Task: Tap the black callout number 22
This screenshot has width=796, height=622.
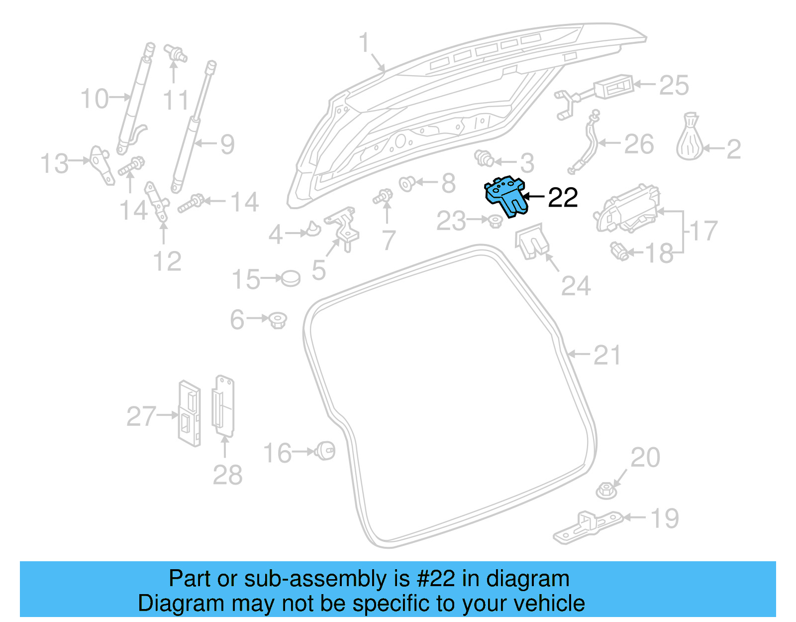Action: coord(563,198)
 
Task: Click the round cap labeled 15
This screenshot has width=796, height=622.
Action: coord(291,278)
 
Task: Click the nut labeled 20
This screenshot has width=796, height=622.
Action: coord(606,491)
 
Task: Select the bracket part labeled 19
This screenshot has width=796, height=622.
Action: coord(587,527)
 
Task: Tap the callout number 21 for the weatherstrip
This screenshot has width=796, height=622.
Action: coord(607,356)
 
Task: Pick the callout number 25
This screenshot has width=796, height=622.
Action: coord(674,85)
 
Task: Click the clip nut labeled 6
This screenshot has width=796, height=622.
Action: coord(278,320)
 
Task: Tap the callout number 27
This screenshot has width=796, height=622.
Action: coord(141,416)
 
